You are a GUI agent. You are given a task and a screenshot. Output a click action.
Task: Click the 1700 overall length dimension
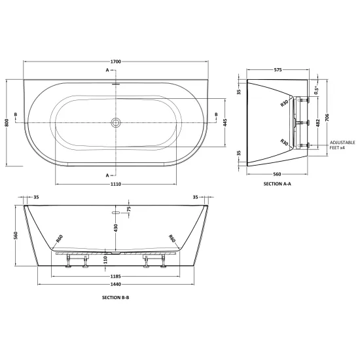tap(116, 62)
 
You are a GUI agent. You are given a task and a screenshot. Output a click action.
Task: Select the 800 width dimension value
tap(7, 122)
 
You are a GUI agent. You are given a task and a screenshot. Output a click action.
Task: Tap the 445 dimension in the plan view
tap(225, 122)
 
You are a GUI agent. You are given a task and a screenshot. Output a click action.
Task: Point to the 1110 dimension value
tap(116, 184)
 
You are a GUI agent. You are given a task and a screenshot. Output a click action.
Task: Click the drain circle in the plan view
tap(116, 122)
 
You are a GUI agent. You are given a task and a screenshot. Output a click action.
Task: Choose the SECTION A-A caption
tap(277, 184)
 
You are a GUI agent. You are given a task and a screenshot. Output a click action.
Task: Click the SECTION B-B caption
tap(115, 298)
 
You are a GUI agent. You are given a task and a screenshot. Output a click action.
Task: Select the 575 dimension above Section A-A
tap(278, 69)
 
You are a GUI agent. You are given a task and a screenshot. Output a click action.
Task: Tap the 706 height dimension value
tap(327, 117)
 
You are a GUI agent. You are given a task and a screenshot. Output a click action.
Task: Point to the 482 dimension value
tap(318, 123)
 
